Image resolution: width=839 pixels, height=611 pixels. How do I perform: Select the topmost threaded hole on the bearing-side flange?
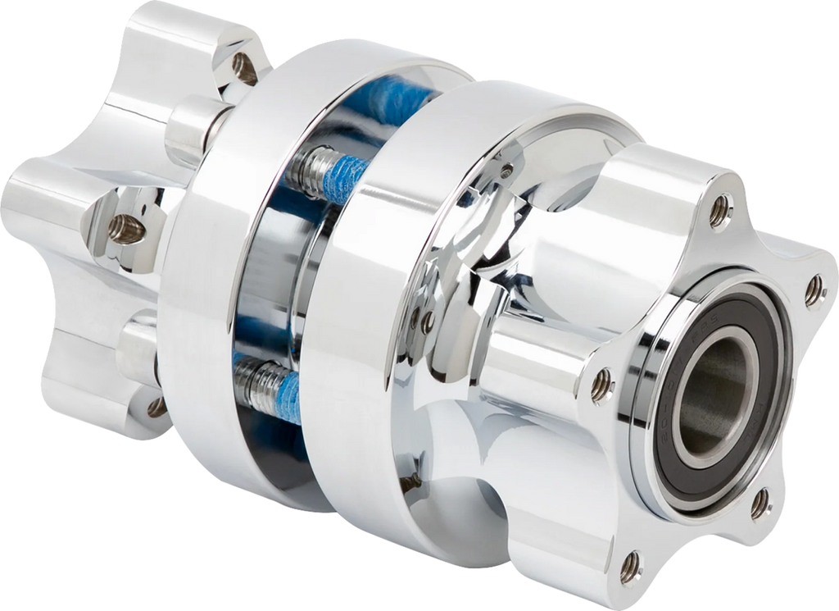720,210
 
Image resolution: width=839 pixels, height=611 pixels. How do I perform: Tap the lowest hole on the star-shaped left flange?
155,406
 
